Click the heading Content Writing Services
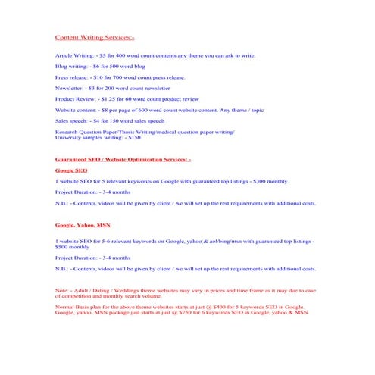tap(95, 36)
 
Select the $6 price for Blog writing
tap(95, 67)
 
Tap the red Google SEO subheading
tap(71, 170)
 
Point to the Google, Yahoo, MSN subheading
tap(83, 226)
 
